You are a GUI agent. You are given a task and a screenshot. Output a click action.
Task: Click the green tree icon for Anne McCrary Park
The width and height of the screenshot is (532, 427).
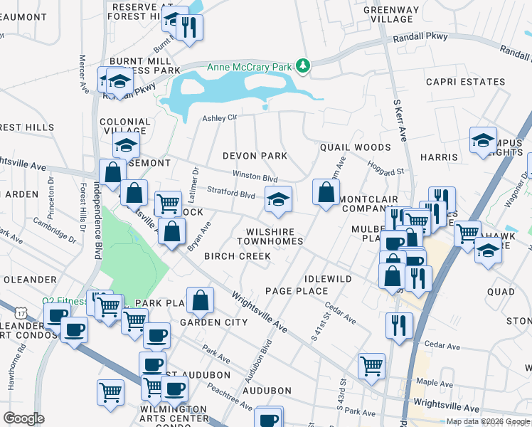click(x=304, y=65)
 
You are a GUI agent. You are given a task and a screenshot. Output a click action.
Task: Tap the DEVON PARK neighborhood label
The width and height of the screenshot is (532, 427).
click(x=255, y=156)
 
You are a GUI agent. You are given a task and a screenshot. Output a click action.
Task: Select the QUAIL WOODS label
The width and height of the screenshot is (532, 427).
click(x=355, y=147)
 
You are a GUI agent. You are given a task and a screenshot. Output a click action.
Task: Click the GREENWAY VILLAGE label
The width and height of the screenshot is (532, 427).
click(x=392, y=14)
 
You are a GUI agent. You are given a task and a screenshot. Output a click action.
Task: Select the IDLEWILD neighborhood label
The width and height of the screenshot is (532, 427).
click(x=328, y=278)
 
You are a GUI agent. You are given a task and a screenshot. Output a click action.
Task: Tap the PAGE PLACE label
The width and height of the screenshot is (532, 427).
click(x=297, y=291)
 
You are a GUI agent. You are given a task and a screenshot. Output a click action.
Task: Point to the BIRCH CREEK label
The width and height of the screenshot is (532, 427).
click(x=238, y=256)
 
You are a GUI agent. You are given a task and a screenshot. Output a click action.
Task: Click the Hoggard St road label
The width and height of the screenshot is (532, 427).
click(x=385, y=168)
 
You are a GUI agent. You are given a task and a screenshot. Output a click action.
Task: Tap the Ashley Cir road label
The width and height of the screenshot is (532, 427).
click(x=218, y=118)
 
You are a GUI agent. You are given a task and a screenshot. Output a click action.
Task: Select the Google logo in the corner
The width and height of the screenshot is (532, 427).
click(x=24, y=418)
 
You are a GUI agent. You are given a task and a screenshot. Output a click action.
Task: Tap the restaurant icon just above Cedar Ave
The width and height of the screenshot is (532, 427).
click(x=399, y=325)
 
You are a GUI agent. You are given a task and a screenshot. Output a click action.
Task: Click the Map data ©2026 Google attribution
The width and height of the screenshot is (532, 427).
click(x=487, y=421)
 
